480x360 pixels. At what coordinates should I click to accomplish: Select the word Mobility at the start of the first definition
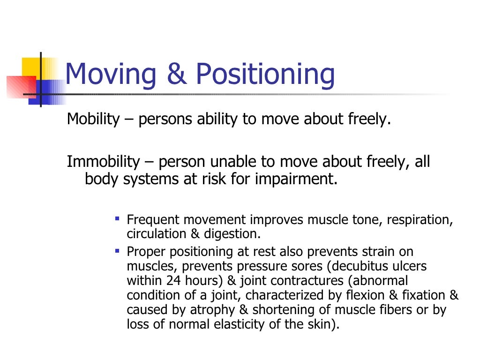[93, 120]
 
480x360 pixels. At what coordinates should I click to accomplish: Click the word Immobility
[103, 162]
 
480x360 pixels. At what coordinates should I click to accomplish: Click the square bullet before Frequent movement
[117, 218]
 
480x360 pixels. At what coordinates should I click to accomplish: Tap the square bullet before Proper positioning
[117, 251]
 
